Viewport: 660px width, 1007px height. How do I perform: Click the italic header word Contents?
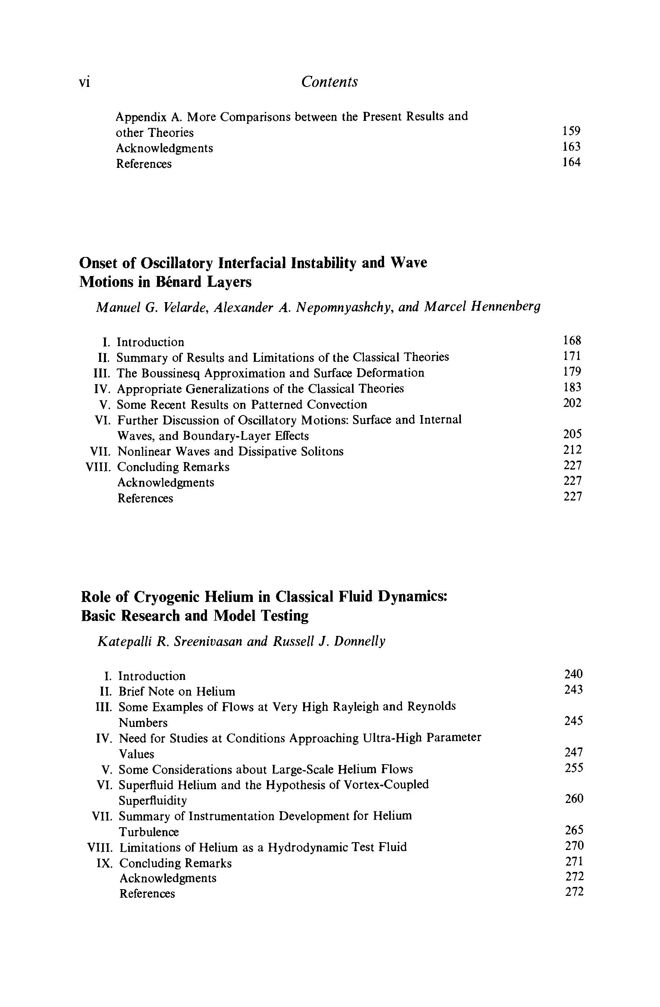click(329, 82)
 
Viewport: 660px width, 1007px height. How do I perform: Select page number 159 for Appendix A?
click(571, 131)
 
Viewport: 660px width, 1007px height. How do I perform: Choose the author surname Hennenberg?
click(505, 307)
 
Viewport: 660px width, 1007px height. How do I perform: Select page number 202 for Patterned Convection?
click(572, 403)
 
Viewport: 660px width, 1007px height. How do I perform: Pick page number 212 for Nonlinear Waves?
click(572, 450)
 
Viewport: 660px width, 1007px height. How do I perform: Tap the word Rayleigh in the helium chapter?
click(354, 707)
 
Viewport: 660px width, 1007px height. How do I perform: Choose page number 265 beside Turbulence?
click(574, 830)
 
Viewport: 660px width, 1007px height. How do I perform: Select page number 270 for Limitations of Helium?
click(574, 846)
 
